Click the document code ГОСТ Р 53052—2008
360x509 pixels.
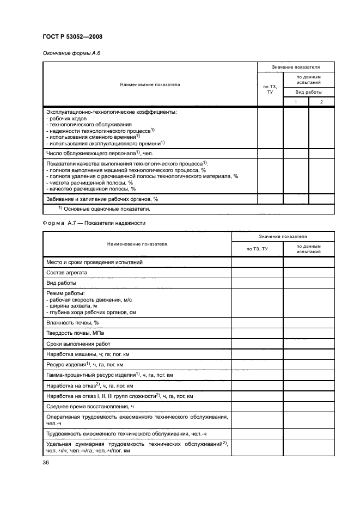pos(72,36)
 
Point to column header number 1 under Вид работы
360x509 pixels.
pos(296,102)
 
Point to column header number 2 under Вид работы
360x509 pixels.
pos(321,102)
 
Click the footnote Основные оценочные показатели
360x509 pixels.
pos(105,208)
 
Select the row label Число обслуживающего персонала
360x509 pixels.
pos(93,154)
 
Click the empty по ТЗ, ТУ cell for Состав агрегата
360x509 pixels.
pos(257,272)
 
